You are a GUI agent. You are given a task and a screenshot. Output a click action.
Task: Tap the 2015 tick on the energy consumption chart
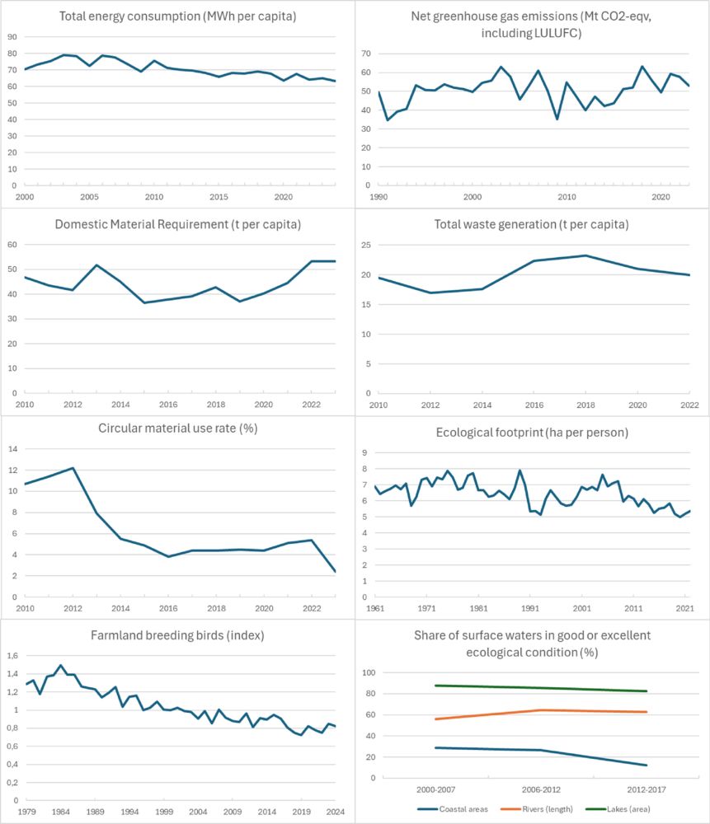click(x=219, y=198)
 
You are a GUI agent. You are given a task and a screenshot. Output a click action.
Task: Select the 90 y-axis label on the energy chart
click(x=13, y=37)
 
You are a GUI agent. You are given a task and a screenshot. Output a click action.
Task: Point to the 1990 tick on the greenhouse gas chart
click(x=379, y=198)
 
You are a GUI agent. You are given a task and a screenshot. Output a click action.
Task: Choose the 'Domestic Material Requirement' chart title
click(x=178, y=224)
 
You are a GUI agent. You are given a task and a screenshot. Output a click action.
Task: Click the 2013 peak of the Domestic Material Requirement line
click(x=96, y=265)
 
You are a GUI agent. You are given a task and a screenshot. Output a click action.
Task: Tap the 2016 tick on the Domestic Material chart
click(x=168, y=405)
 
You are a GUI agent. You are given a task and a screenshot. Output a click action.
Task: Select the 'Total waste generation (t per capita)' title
click(x=534, y=224)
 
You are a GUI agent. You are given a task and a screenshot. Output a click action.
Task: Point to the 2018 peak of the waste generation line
click(x=585, y=255)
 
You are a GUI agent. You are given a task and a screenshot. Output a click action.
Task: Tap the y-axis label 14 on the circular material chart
click(x=13, y=449)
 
